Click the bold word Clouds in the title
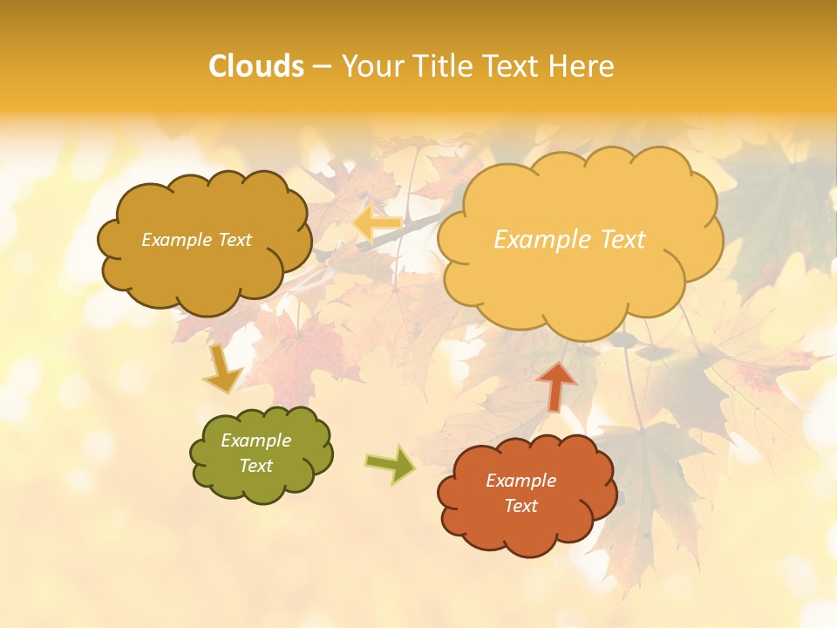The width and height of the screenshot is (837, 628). (x=256, y=66)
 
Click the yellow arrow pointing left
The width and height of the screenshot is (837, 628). (x=377, y=224)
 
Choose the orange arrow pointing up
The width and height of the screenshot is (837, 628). (x=556, y=385)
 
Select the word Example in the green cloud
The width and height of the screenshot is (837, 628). (x=256, y=440)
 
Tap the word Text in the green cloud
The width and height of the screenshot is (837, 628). (x=256, y=466)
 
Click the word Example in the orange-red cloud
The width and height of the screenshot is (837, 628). (x=521, y=481)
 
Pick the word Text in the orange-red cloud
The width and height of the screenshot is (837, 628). (x=521, y=506)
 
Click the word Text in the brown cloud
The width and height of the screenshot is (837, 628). (x=233, y=240)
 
